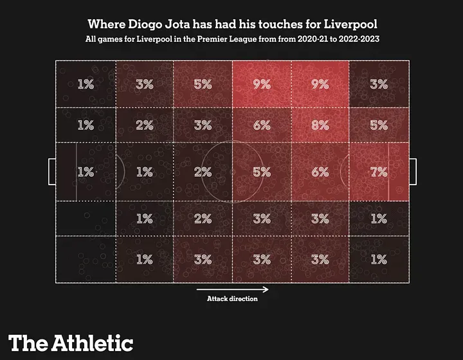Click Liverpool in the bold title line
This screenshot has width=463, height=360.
point(350,25)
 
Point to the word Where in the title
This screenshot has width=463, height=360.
point(107,25)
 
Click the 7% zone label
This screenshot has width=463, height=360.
point(379,172)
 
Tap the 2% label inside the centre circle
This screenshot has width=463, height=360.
point(203,172)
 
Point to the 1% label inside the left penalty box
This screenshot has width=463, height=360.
point(86,172)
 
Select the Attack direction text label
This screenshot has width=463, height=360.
point(232,299)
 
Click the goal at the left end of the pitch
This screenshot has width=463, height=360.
point(51,171)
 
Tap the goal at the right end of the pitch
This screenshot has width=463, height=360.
point(413,171)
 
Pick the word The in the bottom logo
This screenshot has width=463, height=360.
point(27,343)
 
